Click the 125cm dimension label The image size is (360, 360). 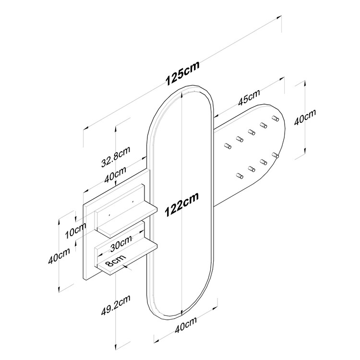point(182,73)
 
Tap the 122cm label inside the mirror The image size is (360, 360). point(182,204)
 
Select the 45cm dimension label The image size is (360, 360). point(249,97)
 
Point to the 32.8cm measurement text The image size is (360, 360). point(116,156)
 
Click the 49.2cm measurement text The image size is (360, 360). point(116,305)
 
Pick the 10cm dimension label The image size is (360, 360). point(75,231)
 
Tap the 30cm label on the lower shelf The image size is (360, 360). point(121,243)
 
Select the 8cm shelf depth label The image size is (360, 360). point(116,261)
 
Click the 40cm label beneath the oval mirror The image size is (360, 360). point(186,324)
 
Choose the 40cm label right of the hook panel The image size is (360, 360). point(305,117)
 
